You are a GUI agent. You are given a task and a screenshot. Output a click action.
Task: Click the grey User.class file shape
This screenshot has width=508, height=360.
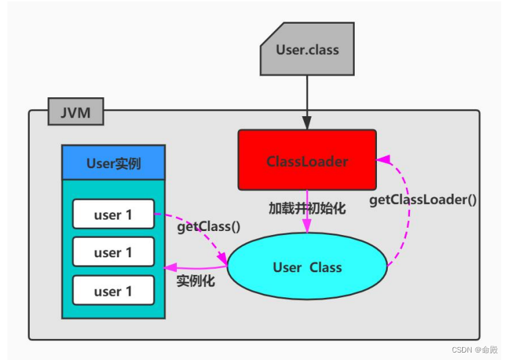tap(307, 51)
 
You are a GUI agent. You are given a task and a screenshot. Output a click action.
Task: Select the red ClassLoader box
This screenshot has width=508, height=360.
tap(307, 160)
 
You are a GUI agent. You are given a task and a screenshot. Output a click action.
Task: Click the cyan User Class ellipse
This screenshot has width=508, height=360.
tap(307, 267)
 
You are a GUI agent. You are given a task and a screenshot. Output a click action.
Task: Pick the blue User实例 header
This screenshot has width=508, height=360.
tap(113, 163)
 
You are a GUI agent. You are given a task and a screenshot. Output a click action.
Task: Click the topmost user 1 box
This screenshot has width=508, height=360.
tap(113, 215)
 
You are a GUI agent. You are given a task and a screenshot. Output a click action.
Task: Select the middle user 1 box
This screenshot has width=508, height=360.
tap(113, 253)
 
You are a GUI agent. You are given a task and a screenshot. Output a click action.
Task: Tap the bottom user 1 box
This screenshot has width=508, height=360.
tap(113, 291)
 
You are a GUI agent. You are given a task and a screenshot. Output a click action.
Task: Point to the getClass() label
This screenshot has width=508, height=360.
tap(209, 227)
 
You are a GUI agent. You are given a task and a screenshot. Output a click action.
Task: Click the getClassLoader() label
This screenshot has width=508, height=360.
tap(423, 200)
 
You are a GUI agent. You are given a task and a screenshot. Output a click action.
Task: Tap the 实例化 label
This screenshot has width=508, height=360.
tap(196, 281)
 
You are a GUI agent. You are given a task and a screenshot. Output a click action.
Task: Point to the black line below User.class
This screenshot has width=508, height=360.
tap(307, 95)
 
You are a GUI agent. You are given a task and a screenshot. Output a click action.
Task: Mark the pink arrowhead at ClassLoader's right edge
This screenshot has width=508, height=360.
tap(383, 159)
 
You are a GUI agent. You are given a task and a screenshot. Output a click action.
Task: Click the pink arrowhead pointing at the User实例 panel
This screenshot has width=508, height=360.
tap(171, 267)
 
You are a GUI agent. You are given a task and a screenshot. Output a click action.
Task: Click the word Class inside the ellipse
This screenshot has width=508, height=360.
tap(326, 267)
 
